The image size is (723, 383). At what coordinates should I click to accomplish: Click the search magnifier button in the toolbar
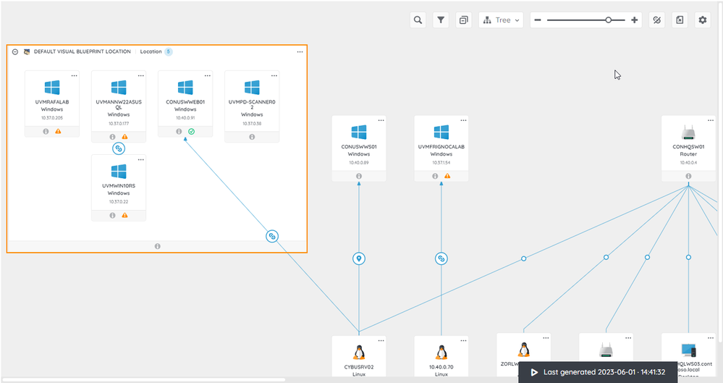pos(418,20)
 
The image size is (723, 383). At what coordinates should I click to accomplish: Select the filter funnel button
pos(440,20)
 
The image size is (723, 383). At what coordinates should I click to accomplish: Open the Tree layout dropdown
pos(501,20)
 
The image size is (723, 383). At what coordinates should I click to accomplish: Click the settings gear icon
pos(702,20)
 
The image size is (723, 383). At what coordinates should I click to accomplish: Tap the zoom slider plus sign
pos(635,20)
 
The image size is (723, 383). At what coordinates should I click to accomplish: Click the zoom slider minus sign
pos(538,20)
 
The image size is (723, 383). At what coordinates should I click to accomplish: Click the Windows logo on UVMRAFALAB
pos(52,88)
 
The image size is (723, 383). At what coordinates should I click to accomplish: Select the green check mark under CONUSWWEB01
pos(192,131)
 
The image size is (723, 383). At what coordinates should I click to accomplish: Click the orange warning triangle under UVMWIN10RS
pos(124,215)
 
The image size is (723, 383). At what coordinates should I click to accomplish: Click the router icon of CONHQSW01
pos(688,132)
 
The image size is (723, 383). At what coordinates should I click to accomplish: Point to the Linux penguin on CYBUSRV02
pos(359,352)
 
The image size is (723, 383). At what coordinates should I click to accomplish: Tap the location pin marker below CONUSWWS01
pos(359,258)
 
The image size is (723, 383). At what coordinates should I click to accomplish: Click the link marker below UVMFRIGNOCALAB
pos(441,258)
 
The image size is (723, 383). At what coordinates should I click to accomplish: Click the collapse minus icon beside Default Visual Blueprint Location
pos(15,52)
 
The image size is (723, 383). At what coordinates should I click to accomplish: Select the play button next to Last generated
pos(534,372)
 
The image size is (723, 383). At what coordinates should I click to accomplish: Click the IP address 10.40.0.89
pos(359,162)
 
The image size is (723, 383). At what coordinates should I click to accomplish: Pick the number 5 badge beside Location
pos(168,52)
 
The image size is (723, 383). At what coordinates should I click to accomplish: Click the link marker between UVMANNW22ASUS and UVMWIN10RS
pos(119,148)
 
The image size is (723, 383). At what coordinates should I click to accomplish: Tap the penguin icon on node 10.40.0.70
pos(441,352)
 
